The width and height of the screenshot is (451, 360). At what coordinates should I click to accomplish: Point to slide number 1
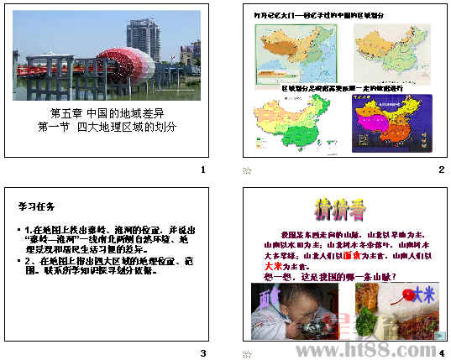point(202,170)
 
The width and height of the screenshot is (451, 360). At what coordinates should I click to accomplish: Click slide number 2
point(441,170)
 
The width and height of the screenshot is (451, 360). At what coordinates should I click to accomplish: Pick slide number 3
point(202,352)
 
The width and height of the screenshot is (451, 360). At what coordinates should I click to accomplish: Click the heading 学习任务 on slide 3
point(37,205)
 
